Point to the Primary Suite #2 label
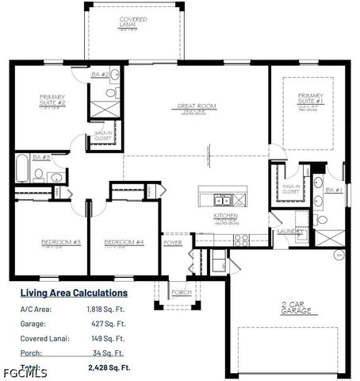pyautogui.click(x=52, y=100)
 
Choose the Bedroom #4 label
pyautogui.click(x=124, y=241)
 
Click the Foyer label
pyautogui.click(x=173, y=243)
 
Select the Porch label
pyautogui.click(x=182, y=292)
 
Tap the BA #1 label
pyautogui.click(x=333, y=190)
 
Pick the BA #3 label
pyautogui.click(x=41, y=157)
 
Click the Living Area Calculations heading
pyautogui.click(x=73, y=293)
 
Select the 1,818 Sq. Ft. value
pyautogui.click(x=106, y=309)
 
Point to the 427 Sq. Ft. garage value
pyautogui.click(x=109, y=324)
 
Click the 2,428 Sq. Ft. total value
pyautogui.click(x=106, y=368)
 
